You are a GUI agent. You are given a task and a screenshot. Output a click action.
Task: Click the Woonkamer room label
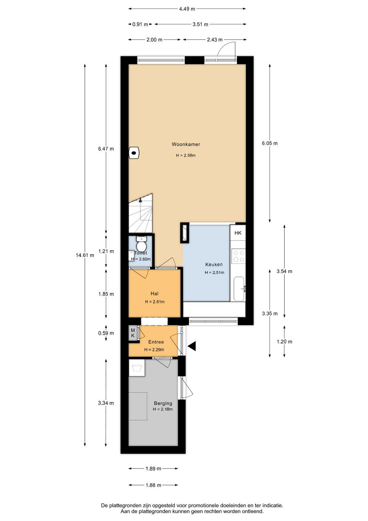coord(186,144)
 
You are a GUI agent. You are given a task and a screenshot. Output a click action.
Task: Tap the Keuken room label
coord(214,265)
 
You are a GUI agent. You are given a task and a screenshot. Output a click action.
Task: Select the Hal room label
coord(154,294)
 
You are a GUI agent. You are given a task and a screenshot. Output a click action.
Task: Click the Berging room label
coord(163,403)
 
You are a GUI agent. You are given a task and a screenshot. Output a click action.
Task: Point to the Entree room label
coord(156,342)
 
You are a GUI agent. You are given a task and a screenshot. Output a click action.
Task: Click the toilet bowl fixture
coord(141,244)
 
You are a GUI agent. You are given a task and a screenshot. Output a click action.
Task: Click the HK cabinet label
coord(238,233)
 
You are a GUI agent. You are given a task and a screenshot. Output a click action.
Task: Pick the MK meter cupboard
coord(133,333)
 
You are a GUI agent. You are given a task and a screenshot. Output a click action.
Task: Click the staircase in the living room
coord(140,214)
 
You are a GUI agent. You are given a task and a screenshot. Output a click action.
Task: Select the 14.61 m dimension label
coord(85,255)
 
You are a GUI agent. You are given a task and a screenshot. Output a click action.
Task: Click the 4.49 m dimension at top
coord(187,9)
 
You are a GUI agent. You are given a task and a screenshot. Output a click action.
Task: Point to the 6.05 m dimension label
coord(270,143)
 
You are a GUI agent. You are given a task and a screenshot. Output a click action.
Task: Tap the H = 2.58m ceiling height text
coord(186,156)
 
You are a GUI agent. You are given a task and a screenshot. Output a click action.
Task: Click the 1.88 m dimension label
coord(153,485)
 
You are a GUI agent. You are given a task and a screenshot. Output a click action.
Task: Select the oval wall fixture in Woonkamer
coord(134,153)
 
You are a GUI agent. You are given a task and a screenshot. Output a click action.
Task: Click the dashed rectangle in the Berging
coord(138,406)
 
